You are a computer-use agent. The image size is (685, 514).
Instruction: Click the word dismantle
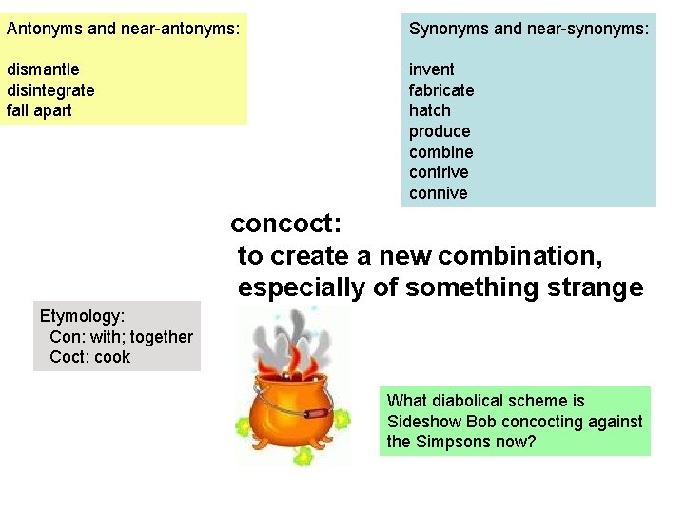coord(43,69)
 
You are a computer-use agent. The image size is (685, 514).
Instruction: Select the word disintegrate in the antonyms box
coord(50,90)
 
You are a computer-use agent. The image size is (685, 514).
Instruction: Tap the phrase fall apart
coord(39,110)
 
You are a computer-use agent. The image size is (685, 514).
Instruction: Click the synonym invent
coord(432,69)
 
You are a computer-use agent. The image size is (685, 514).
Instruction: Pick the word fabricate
coord(441,90)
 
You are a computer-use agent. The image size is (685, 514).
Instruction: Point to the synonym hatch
coord(431,110)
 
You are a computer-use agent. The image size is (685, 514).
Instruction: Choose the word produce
coord(440,131)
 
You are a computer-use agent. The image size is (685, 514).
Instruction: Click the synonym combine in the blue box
coord(440,152)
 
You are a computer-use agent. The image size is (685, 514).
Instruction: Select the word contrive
coord(439,172)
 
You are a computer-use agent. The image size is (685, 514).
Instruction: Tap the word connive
coord(438,193)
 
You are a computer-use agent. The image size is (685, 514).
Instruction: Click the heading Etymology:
coord(83,315)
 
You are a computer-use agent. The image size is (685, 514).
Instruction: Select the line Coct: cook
coord(89,357)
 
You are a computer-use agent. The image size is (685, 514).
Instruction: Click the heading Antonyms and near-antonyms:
coord(123,29)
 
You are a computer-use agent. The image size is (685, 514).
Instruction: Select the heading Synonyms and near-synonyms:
coord(529,29)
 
